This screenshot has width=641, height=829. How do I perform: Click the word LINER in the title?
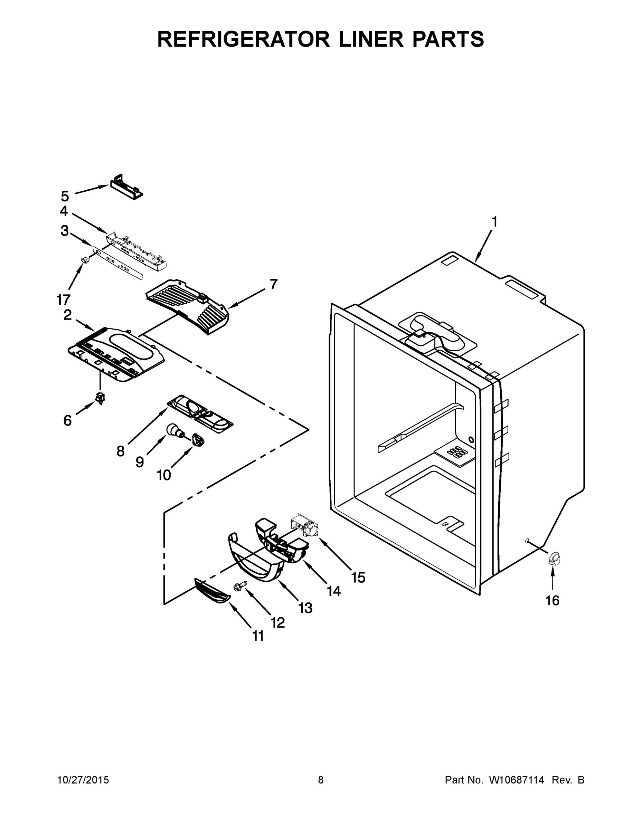pyautogui.click(x=371, y=39)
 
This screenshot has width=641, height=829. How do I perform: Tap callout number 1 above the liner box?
pyautogui.click(x=494, y=222)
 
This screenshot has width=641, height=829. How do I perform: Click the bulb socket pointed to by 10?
pyautogui.click(x=197, y=440)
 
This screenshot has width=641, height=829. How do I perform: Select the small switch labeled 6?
pyautogui.click(x=101, y=398)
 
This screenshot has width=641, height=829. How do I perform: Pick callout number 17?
pyautogui.click(x=64, y=299)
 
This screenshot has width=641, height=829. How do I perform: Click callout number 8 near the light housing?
pyautogui.click(x=120, y=451)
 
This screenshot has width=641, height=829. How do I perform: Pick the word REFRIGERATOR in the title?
pyautogui.click(x=243, y=39)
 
